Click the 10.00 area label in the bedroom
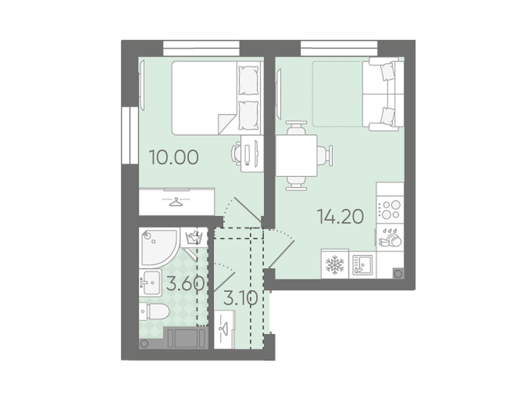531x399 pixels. click(x=174, y=157)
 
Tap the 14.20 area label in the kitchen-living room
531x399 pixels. click(x=340, y=216)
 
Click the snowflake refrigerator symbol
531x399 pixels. click(x=335, y=265)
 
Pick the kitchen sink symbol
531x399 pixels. click(x=362, y=265)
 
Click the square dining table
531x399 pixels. click(x=296, y=156)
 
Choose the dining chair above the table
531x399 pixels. click(x=296, y=128)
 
